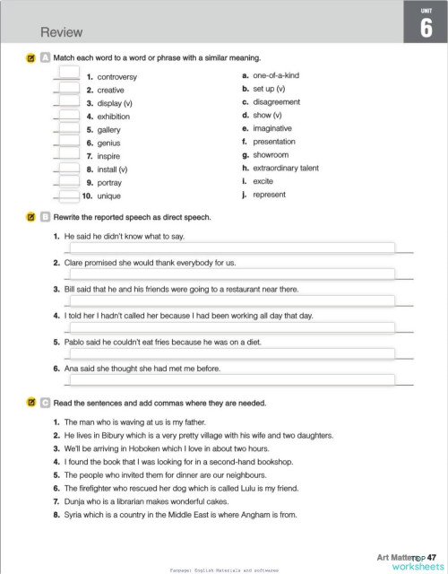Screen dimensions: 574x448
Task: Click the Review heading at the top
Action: coord(62,32)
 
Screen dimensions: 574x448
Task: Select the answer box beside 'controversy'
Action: coord(69,77)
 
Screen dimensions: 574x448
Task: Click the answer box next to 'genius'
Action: coord(69,143)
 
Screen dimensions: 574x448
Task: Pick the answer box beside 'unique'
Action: coord(69,196)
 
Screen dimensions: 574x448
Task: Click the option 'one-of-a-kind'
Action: coord(276,77)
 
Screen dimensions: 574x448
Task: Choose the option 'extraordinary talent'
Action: coord(286,168)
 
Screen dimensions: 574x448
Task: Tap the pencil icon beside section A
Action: coord(30,57)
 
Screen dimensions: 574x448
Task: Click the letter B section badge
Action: coord(45,217)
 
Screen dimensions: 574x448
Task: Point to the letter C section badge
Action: coord(45,403)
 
